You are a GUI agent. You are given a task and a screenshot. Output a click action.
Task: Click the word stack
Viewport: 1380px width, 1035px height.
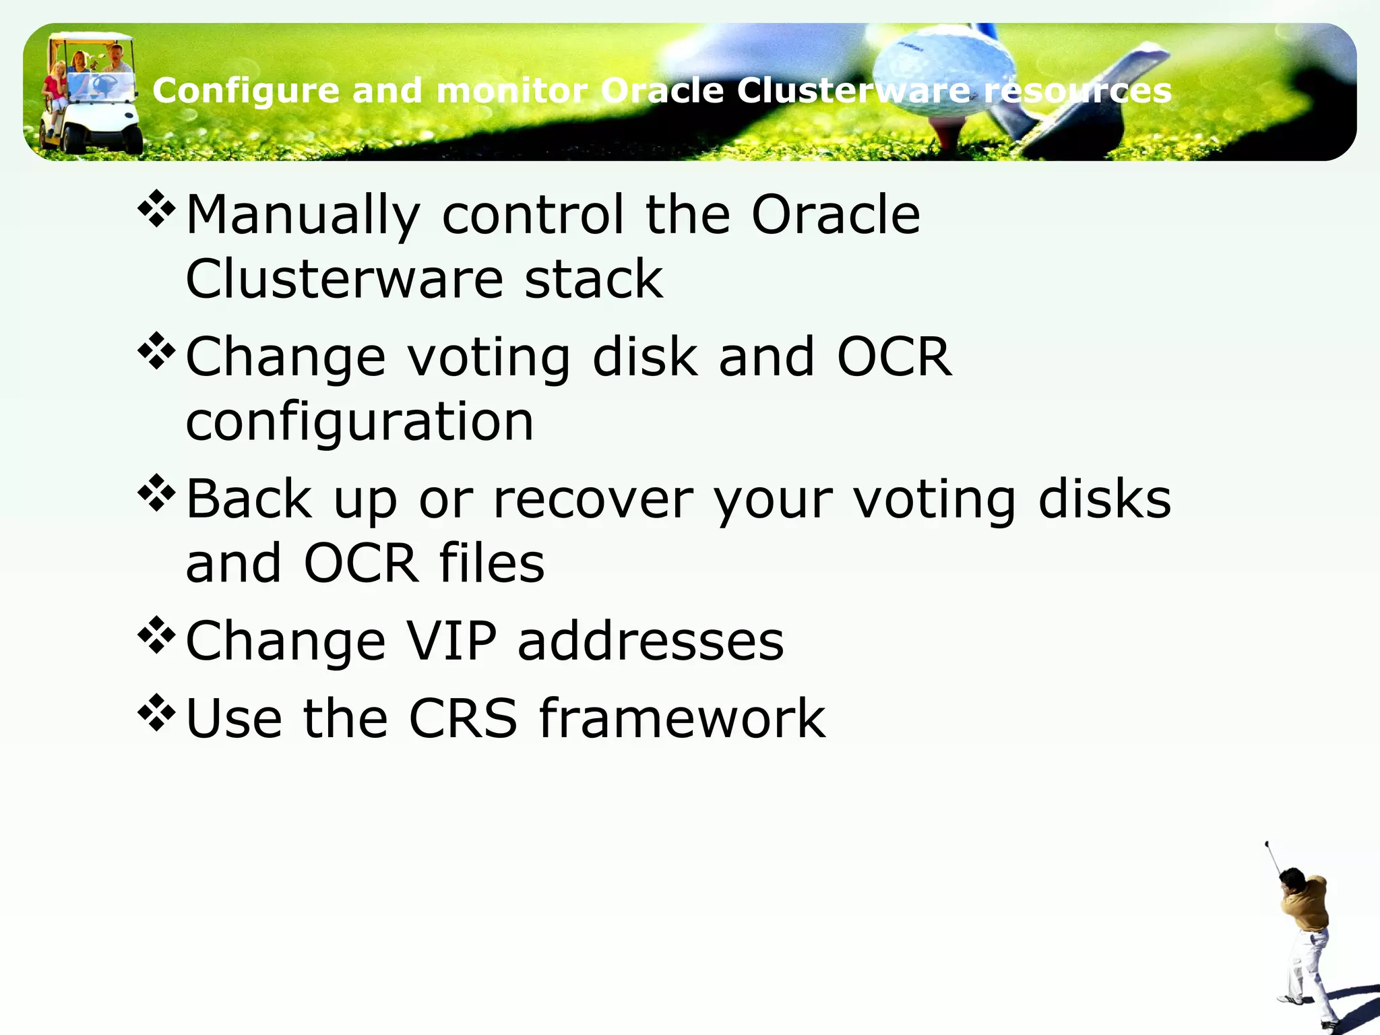593,279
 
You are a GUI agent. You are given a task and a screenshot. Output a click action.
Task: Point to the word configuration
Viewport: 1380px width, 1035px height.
359,422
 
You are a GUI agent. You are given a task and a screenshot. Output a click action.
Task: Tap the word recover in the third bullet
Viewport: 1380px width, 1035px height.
593,500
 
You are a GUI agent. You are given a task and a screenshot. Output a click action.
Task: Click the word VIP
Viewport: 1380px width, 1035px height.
452,641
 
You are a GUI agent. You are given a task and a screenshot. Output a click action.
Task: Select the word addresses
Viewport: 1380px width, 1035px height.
650,641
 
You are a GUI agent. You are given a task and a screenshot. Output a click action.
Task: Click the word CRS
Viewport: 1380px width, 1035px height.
463,718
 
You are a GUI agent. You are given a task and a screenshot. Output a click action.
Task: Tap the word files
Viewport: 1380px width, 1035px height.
491,563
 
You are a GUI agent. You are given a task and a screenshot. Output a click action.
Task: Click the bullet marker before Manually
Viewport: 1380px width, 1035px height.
156,210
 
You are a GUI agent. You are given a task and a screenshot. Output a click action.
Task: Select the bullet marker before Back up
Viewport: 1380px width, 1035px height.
156,493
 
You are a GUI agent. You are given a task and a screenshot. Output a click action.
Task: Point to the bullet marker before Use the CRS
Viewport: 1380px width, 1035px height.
156,713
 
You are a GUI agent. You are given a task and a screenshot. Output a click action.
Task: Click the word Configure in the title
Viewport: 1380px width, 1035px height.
245,91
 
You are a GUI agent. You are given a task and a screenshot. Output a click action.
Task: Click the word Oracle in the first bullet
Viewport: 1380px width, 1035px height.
836,216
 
